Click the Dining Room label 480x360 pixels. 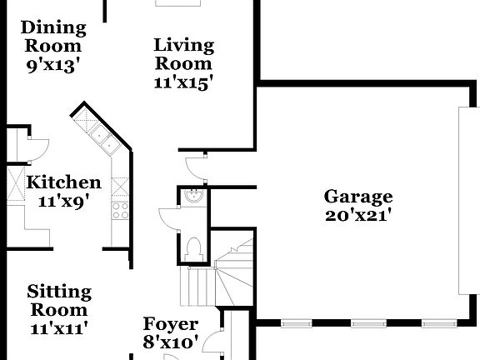pos(52,36)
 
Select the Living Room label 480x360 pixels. pos(183,53)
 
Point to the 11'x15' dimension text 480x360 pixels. pos(183,82)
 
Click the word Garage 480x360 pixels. pos(358,197)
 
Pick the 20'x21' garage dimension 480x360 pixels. pos(358,216)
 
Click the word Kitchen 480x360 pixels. pos(64,182)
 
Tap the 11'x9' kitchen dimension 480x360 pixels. pos(64,200)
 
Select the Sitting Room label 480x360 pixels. pos(58,300)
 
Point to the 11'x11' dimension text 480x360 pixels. pos(58,327)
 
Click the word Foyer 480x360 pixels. pos(171,324)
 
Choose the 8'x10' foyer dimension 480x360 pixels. pos(171,342)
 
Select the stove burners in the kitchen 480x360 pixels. pos(121,208)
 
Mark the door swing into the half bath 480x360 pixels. pos(170,216)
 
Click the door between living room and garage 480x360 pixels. pos(195,164)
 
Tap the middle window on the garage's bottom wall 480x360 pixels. pos(364,323)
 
